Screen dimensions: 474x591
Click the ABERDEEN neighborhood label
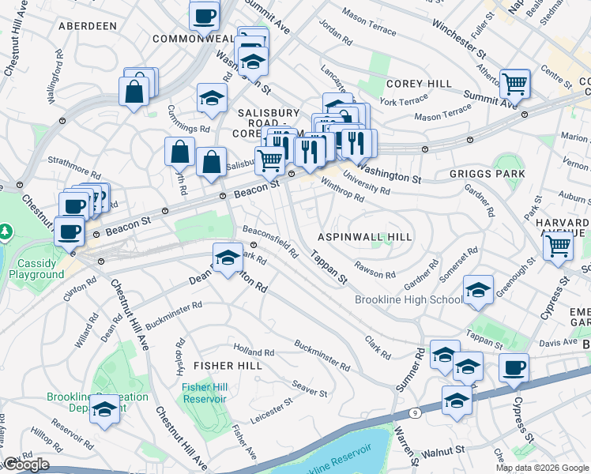pos(88,26)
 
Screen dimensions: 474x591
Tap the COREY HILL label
pos(419,84)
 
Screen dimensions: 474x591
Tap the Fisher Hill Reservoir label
pos(204,393)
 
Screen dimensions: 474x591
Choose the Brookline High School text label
pos(420,299)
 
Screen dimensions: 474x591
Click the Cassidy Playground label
pos(36,268)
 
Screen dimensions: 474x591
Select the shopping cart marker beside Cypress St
pos(558,246)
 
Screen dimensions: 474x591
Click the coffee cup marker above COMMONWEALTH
pos(205,16)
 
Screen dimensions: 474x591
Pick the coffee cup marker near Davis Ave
pos(514,367)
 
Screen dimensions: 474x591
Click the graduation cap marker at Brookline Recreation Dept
pos(104,409)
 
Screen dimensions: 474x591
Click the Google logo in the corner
pos(26,465)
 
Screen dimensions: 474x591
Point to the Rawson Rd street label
pos(375,269)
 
